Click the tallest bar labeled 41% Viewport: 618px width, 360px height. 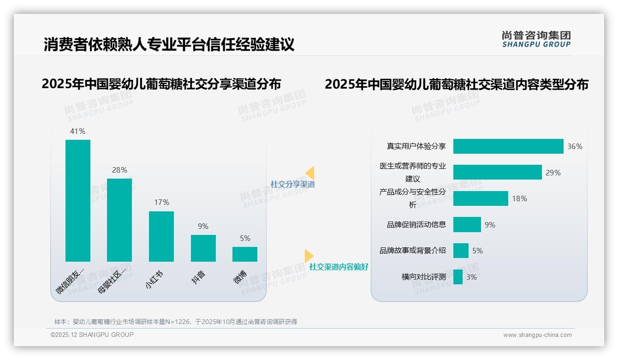coord(78,200)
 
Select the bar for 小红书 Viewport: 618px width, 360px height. coord(161,236)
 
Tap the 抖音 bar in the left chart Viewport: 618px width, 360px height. coord(203,248)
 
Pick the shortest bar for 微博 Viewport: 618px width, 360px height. coord(245,254)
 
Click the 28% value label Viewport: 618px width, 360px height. coord(119,170)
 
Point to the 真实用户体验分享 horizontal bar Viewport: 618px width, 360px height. coord(508,146)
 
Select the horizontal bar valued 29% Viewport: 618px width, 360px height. coord(497,172)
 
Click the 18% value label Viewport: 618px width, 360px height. coord(519,198)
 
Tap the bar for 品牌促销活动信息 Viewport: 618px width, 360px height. coord(467,225)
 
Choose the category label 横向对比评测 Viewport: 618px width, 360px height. coord(424,277)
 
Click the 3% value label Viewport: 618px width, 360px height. coord(471,277)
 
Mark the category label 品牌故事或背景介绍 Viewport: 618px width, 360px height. coord(413,251)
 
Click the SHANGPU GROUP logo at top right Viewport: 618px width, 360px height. coord(536,39)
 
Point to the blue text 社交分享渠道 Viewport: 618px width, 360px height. coord(292,184)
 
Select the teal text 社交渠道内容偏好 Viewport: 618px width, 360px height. coord(339,267)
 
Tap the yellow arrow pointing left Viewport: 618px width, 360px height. coord(310,173)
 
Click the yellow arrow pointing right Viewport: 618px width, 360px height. coord(309,255)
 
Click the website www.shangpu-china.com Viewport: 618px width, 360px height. coord(537,335)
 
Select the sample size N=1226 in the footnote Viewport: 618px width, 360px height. coord(178,322)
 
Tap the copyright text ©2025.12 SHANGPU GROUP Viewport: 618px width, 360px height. coord(92,335)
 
